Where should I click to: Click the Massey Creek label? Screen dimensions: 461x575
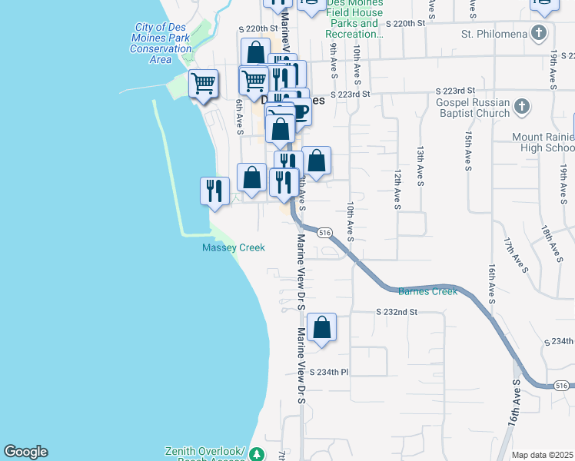pos(233,247)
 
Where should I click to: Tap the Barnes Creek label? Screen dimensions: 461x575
pos(427,291)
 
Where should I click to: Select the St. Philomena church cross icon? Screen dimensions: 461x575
pos(540,34)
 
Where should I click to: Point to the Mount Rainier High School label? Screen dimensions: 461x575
pos(543,142)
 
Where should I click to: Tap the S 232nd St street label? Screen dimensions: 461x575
pos(396,313)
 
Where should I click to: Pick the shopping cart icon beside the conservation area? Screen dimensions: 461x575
pos(203,82)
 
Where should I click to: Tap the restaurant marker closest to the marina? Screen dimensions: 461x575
pos(214,190)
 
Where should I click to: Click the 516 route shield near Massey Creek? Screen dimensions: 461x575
pos(324,232)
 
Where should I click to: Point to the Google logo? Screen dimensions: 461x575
pos(25,452)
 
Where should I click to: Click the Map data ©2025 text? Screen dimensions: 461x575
pos(542,455)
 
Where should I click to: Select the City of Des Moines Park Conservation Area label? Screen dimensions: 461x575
pos(161,43)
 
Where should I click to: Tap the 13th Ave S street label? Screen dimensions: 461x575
pos(420,167)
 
